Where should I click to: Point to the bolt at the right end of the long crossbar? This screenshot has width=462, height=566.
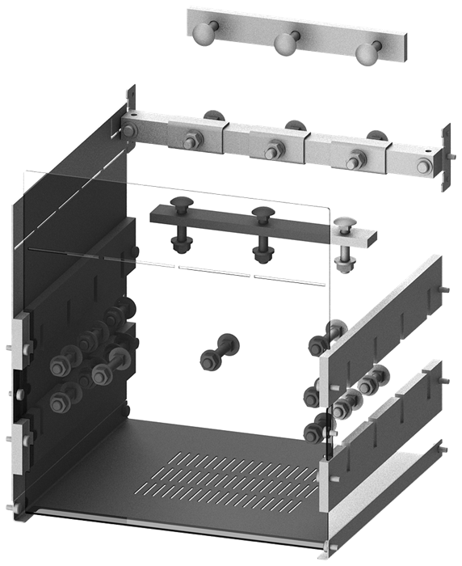tap(423, 167)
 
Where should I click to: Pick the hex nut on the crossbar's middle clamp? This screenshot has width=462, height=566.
tap(273, 150)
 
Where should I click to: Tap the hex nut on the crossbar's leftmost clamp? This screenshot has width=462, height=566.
tap(194, 141)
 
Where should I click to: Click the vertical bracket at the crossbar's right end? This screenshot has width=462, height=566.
tap(443, 158)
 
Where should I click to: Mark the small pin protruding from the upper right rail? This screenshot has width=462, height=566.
tap(447, 289)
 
